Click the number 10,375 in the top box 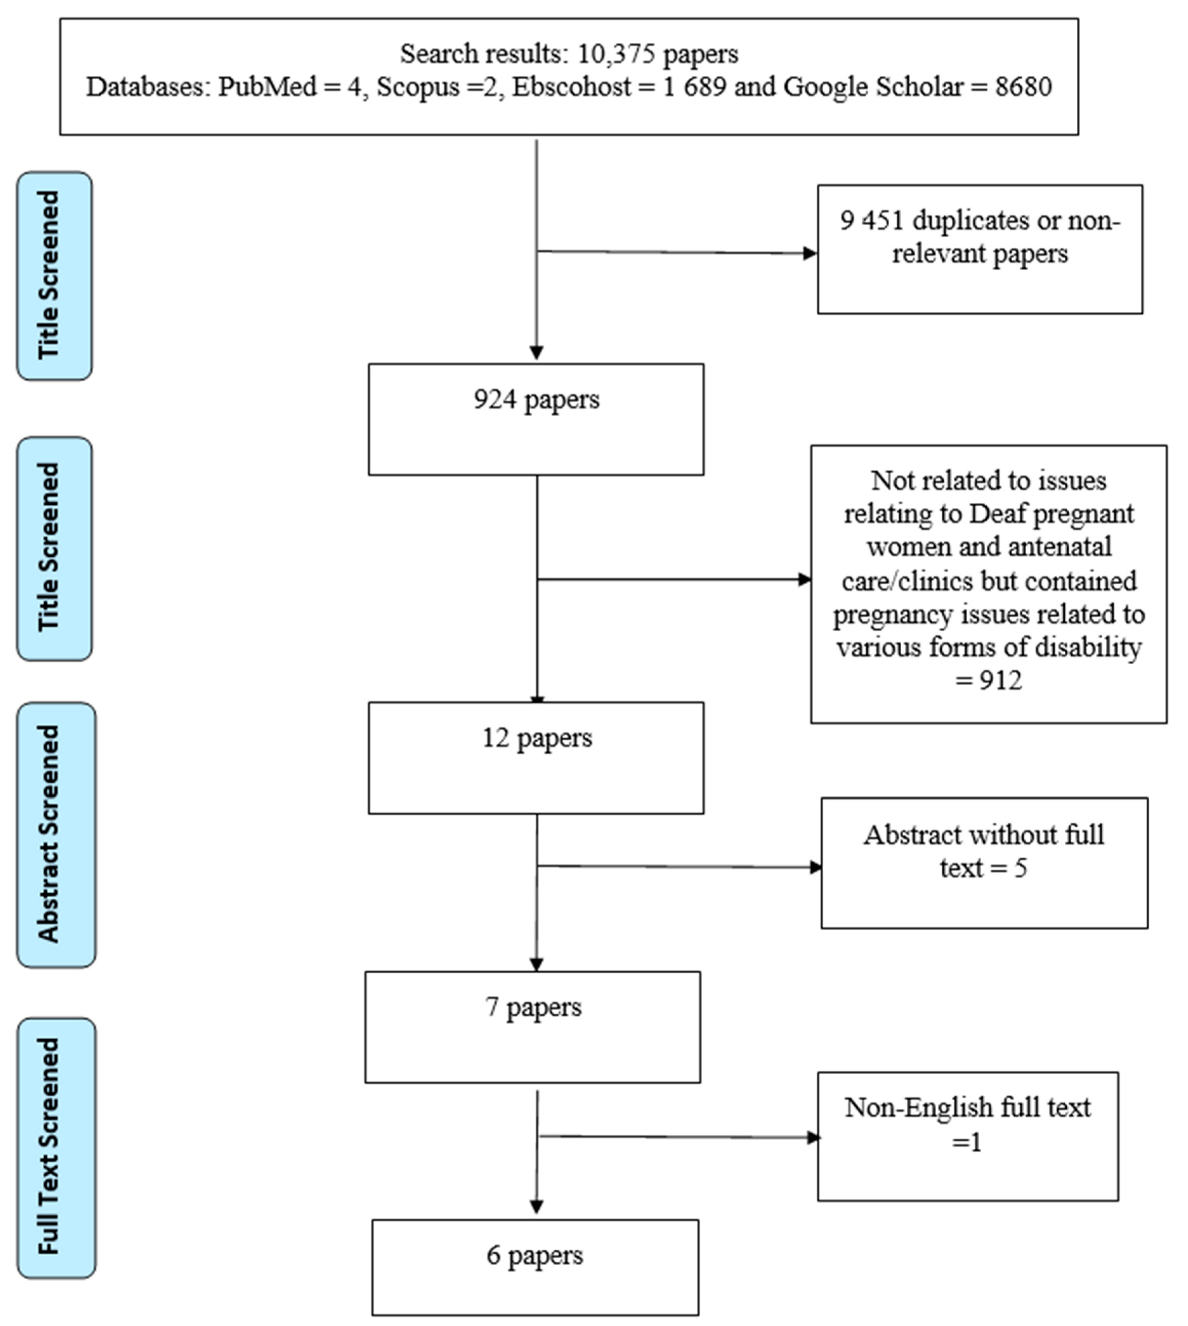pos(616,53)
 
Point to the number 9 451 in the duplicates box pos(871,221)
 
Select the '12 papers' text pos(537,738)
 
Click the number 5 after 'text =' pos(1020,868)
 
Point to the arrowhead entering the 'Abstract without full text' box pos(815,867)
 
